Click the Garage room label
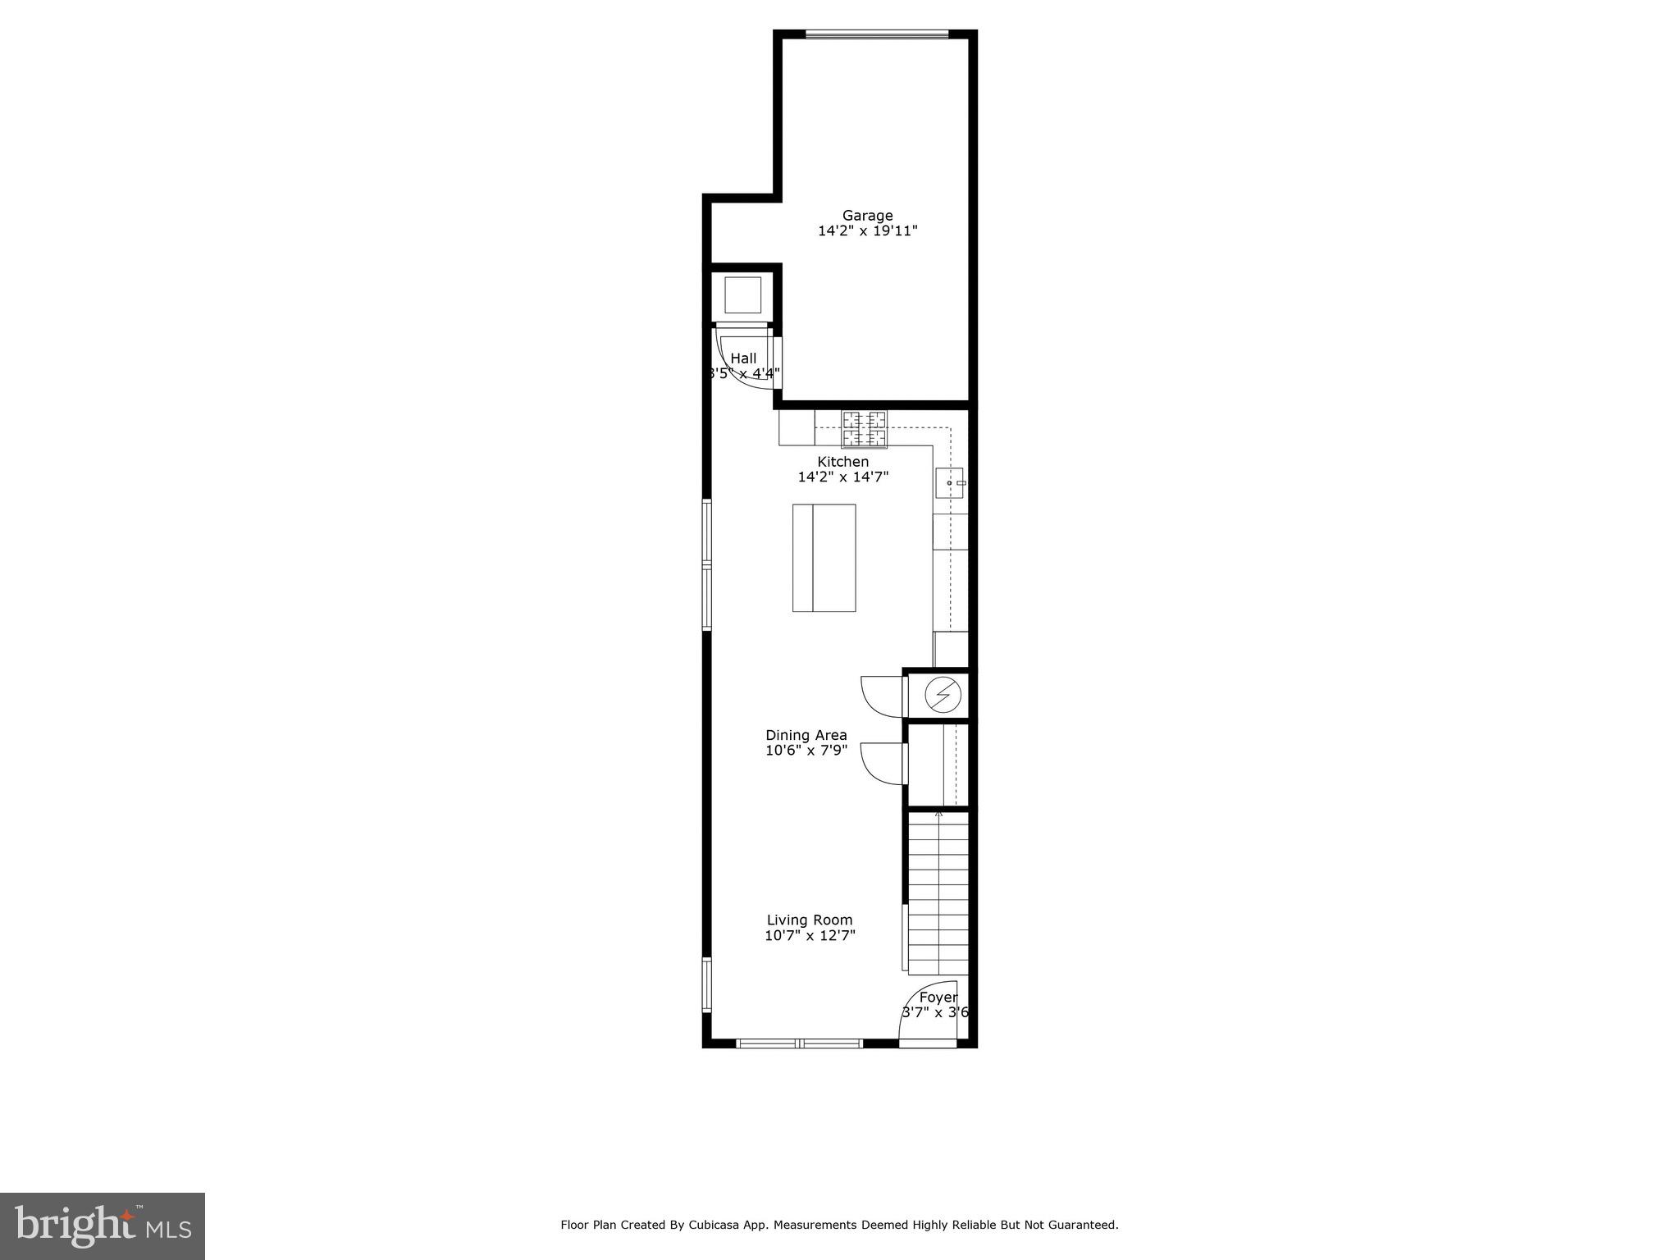pos(867,216)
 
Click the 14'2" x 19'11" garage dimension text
pos(867,231)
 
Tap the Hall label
pos(743,358)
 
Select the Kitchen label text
pos(842,462)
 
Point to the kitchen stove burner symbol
pos(864,429)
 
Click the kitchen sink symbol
pos(950,483)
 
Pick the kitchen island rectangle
pos(824,558)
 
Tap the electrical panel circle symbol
pos(943,696)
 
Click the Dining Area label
pos(806,735)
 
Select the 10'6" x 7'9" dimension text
pos(806,751)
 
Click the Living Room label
pos(810,920)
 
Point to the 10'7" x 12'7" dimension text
pos(810,936)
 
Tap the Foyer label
pos(938,997)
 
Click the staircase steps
pos(938,894)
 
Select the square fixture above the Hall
pos(742,295)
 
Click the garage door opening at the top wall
pos(877,34)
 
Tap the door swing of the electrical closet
pos(879,694)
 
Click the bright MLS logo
pos(102,1226)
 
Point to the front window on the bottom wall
pos(799,1043)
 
